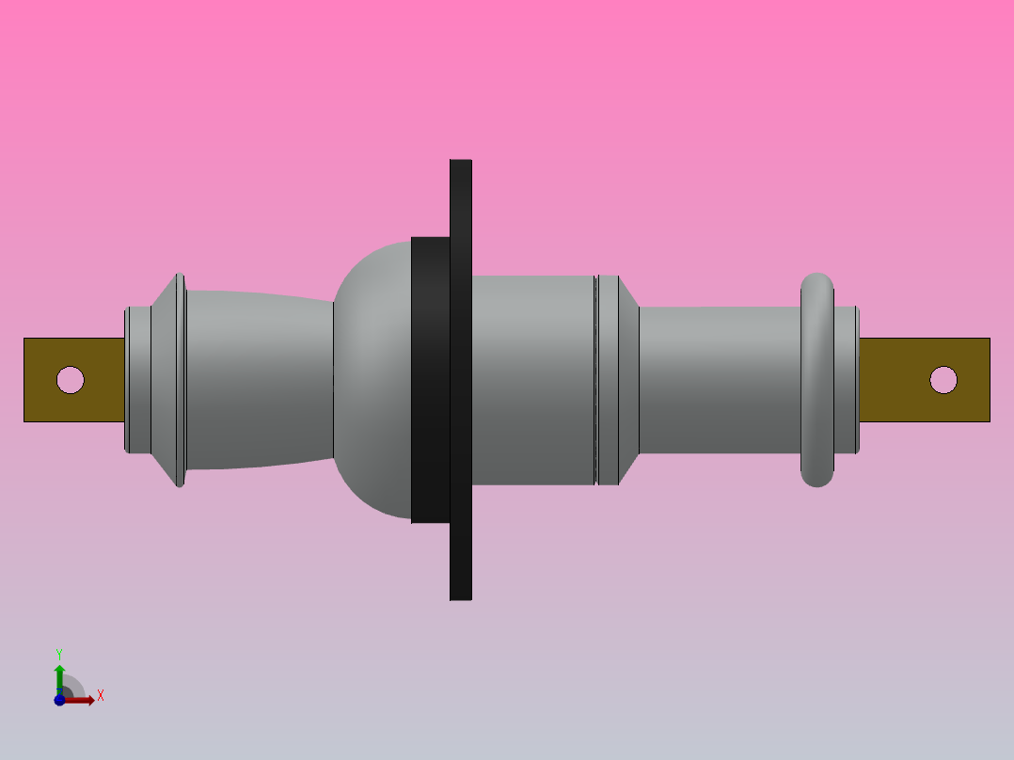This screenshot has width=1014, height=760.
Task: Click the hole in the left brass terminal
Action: pyautogui.click(x=71, y=380)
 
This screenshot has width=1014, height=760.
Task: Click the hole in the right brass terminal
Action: pyautogui.click(x=943, y=380)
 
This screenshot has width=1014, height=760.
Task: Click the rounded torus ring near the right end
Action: pyautogui.click(x=817, y=379)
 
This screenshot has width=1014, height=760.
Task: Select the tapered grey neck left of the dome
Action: pyautogui.click(x=259, y=379)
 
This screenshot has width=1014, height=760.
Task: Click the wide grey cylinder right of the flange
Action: pyautogui.click(x=532, y=379)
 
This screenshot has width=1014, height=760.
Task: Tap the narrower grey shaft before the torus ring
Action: pyautogui.click(x=720, y=379)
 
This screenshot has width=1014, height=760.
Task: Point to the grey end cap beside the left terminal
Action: pyautogui.click(x=138, y=379)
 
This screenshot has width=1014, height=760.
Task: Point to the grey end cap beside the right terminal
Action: pyautogui.click(x=846, y=379)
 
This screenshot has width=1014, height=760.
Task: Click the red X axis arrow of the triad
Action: pyautogui.click(x=83, y=700)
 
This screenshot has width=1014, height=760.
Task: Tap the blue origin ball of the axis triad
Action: pyautogui.click(x=59, y=700)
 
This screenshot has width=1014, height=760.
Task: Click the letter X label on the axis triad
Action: pyautogui.click(x=101, y=696)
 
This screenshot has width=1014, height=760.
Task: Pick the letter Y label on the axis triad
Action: pyautogui.click(x=59, y=653)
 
